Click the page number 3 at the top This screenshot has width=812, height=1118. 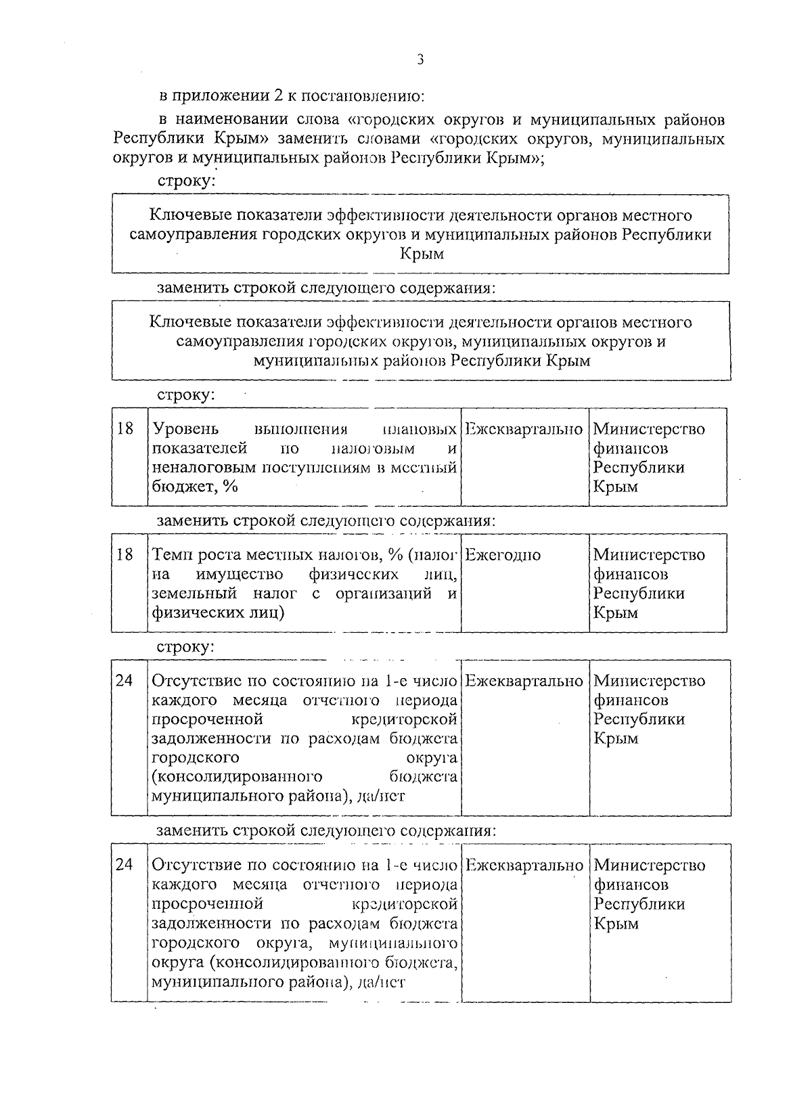pyautogui.click(x=420, y=60)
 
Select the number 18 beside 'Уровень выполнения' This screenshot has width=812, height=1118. pyautogui.click(x=125, y=429)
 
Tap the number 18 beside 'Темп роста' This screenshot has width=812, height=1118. pyautogui.click(x=125, y=555)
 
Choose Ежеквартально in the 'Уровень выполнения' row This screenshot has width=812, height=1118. pyautogui.click(x=524, y=429)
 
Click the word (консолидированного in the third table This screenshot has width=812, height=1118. pyautogui.click(x=237, y=776)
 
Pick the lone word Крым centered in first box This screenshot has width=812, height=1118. pyautogui.click(x=420, y=254)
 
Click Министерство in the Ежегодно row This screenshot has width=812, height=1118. pyautogui.click(x=649, y=555)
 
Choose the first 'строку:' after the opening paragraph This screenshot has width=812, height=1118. pyautogui.click(x=186, y=181)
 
